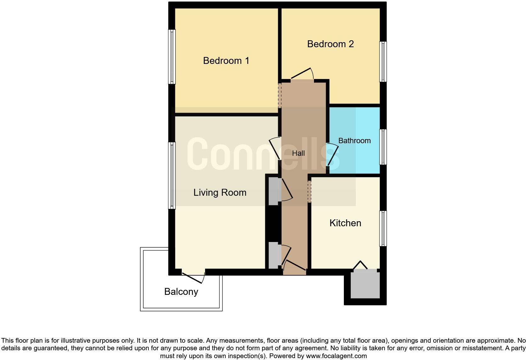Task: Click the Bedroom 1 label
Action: point(226,60)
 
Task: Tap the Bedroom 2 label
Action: point(330,44)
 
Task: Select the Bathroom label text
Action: point(354,141)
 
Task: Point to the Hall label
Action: point(298,153)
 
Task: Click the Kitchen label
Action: point(345,223)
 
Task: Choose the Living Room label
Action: point(220,193)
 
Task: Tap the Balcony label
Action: point(181,292)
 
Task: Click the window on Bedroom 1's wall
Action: point(172,57)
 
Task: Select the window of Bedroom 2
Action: point(383,62)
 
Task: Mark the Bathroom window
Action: point(383,147)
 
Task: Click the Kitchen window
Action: point(383,228)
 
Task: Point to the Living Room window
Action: point(172,175)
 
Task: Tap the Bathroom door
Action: point(333,154)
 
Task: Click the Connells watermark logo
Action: point(263,154)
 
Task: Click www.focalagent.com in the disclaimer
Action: point(336,356)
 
